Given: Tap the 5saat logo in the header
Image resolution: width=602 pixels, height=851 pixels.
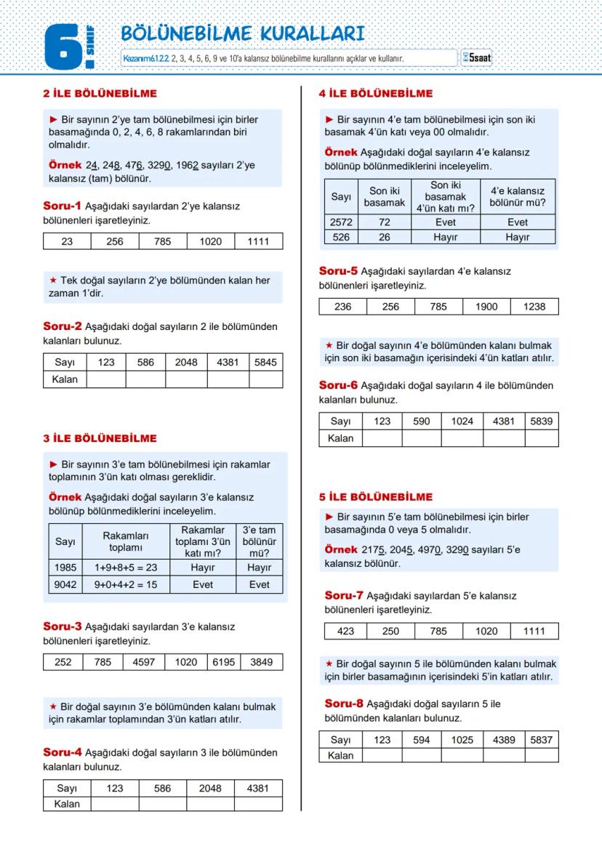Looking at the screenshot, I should click(477, 57).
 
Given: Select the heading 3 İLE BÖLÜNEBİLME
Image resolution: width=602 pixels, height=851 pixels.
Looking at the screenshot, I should click(100, 438).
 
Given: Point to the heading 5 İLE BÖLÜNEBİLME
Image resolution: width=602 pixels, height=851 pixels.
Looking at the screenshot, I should click(376, 497).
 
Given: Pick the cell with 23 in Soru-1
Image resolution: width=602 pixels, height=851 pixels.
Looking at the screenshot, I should click(67, 241).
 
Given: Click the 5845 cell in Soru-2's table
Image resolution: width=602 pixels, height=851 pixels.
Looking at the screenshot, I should click(265, 362).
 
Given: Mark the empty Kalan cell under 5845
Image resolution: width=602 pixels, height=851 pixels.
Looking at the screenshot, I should click(265, 379).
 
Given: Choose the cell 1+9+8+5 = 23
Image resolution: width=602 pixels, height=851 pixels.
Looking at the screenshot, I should click(126, 568).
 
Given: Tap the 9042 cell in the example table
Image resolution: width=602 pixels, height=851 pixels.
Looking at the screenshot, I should click(65, 584).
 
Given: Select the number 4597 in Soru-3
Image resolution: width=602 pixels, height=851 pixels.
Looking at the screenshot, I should click(144, 662).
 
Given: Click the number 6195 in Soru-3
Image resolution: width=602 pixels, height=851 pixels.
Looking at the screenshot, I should click(224, 662).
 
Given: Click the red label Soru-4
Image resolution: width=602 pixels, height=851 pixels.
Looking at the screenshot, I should click(63, 752).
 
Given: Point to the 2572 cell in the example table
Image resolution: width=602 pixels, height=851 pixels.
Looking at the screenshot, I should click(342, 222).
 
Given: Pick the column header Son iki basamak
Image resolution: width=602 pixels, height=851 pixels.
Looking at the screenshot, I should click(384, 197).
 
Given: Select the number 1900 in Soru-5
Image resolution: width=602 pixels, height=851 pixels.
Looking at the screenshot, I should click(486, 307).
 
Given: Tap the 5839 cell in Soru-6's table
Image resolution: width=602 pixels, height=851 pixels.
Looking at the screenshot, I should click(541, 421).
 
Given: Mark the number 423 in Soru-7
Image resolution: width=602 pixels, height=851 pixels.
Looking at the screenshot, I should click(345, 631).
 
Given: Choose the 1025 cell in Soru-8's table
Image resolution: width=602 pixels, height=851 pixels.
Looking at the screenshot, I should click(462, 740).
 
